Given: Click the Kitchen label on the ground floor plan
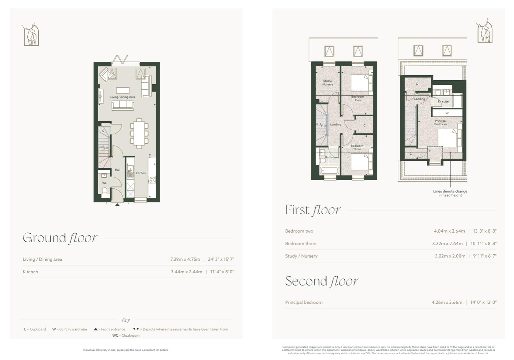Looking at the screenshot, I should pyautogui.click(x=141, y=173).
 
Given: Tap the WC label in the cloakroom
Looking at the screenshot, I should pyautogui.click(x=105, y=183).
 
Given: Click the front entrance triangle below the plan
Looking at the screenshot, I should pyautogui.click(x=117, y=204).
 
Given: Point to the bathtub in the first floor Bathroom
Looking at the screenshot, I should pyautogui.click(x=329, y=171).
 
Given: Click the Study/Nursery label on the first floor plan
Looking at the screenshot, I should pyautogui.click(x=327, y=83).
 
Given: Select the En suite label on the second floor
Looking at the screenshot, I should pyautogui.click(x=443, y=101).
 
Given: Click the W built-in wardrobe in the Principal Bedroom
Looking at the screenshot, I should pyautogui.click(x=447, y=113).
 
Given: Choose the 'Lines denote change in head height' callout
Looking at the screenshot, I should pyautogui.click(x=450, y=193).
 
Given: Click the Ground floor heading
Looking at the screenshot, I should pyautogui.click(x=60, y=238).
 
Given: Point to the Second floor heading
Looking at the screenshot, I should pyautogui.click(x=321, y=281).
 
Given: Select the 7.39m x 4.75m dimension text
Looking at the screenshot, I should pyautogui.click(x=185, y=259).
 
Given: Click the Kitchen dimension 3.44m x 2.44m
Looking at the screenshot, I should pyautogui.click(x=187, y=272).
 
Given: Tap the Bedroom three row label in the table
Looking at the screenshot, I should pyautogui.click(x=300, y=244).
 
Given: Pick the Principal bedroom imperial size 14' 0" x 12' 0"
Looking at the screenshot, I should pyautogui.click(x=483, y=302).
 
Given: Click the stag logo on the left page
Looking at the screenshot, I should pyautogui.click(x=31, y=34).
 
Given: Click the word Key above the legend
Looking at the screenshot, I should pyautogui.click(x=126, y=320).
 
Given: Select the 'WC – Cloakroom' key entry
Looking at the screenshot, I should pyautogui.click(x=126, y=335).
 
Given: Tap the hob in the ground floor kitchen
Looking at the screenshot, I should pyautogui.click(x=152, y=180).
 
